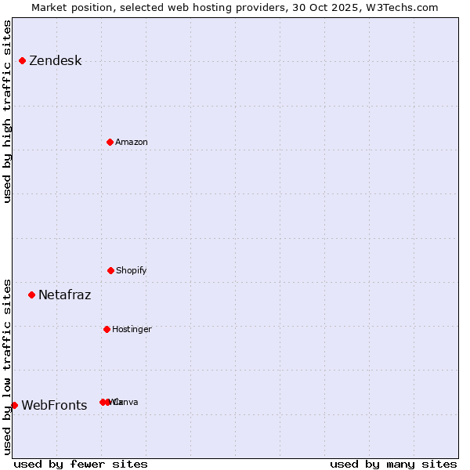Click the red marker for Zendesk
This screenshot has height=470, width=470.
point(22,60)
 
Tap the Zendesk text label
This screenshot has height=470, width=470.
point(55,61)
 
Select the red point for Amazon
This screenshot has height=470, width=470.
point(110,142)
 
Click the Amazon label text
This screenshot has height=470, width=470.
point(131,142)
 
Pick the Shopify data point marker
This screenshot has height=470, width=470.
point(110,270)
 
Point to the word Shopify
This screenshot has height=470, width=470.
point(131,270)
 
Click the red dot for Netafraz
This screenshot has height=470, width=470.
point(31,295)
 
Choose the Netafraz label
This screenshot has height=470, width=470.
point(64,295)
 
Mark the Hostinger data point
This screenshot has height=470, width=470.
point(107,329)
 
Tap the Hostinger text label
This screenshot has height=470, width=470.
point(132,329)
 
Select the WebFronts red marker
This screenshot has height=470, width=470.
point(14,405)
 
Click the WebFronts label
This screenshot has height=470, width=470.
point(54,406)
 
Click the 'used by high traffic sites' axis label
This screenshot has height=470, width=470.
point(8,112)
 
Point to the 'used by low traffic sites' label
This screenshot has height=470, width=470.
point(8,366)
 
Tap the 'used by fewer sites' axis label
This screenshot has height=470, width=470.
point(81,464)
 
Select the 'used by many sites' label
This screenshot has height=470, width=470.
point(393,464)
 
